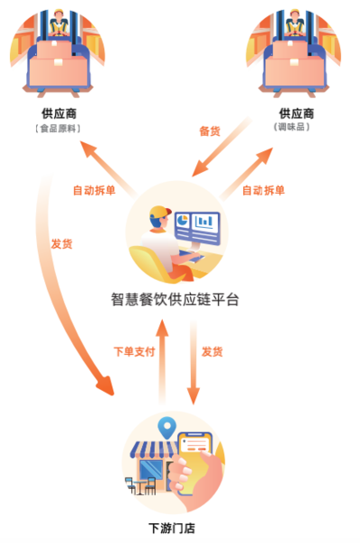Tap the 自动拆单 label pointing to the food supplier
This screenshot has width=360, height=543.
click(93, 190)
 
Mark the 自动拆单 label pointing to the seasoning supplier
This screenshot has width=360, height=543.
click(263, 190)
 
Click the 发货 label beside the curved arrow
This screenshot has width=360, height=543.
click(62, 243)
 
